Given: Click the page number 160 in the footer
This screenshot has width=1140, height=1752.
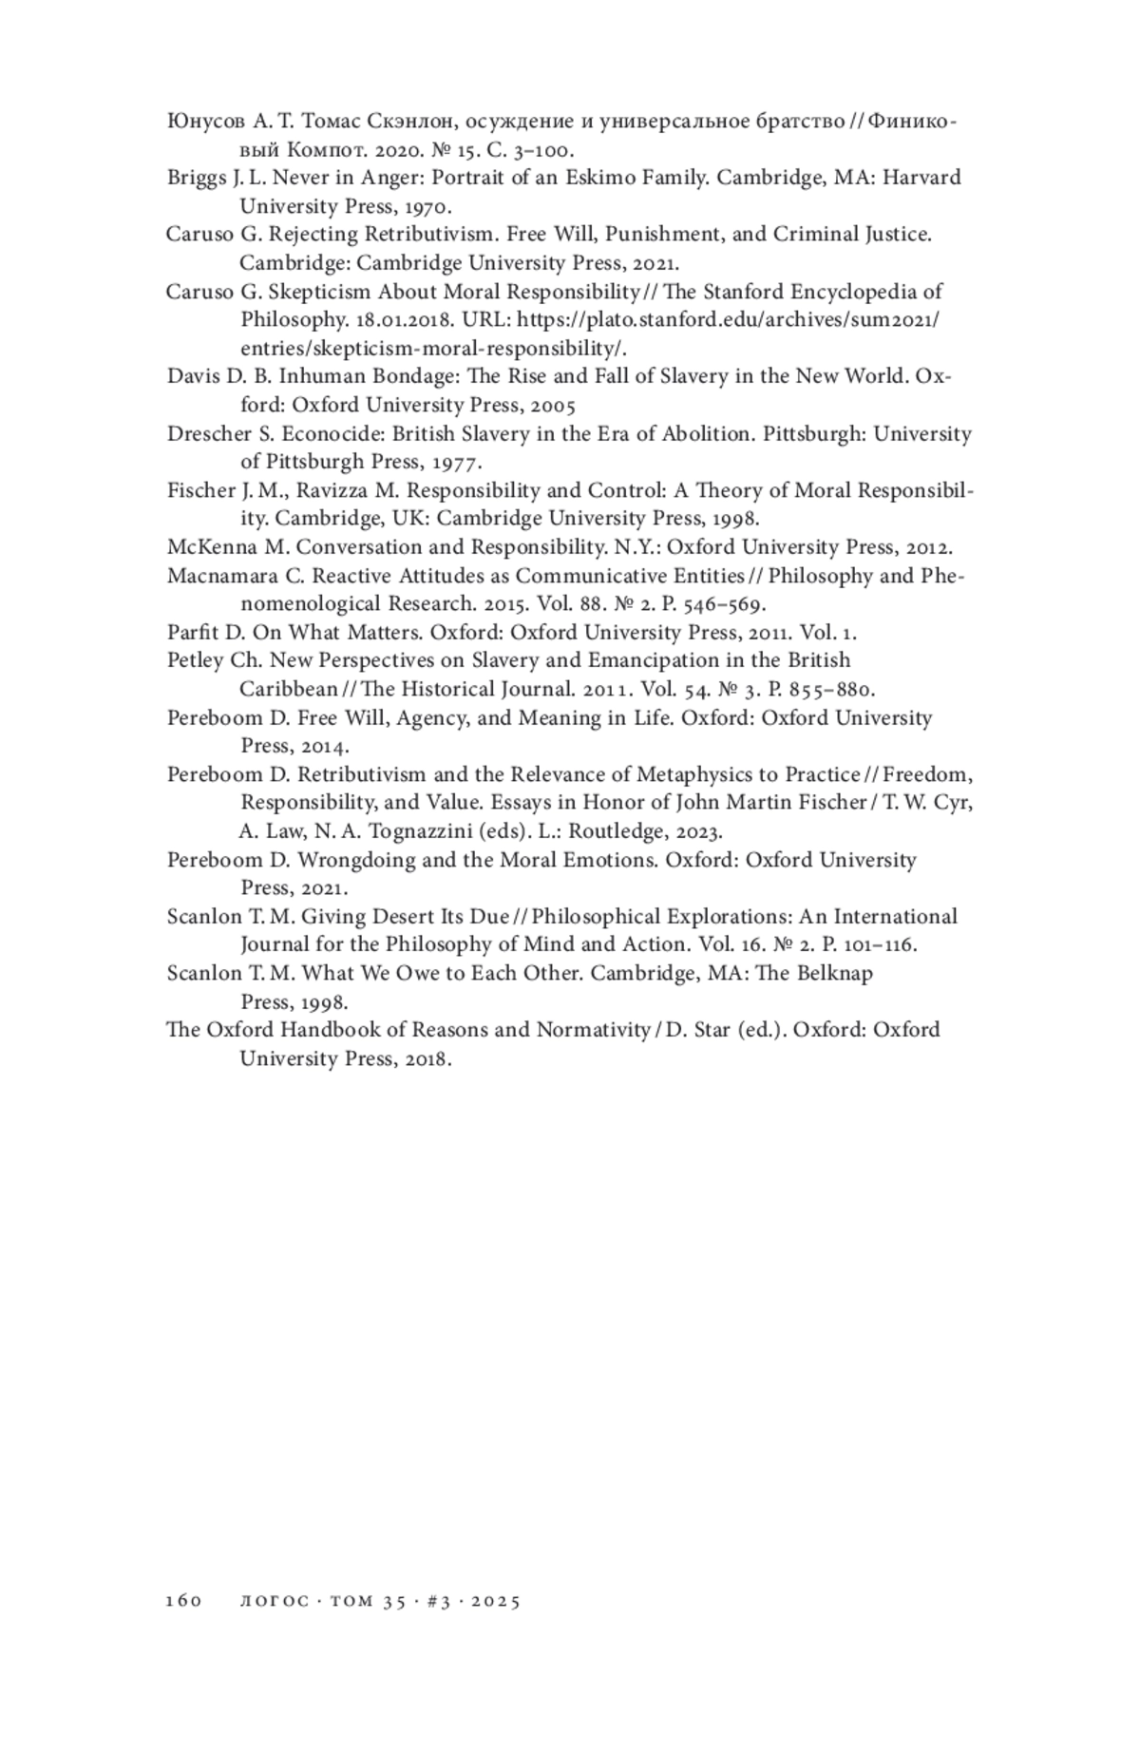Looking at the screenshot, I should point(184,1601).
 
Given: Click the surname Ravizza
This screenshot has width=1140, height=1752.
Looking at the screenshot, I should point(316,490).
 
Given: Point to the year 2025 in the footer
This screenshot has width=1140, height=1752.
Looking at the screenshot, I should point(495,1601).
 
